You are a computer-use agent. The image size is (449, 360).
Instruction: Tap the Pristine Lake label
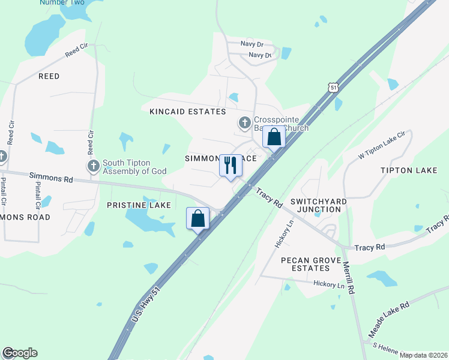[139, 205]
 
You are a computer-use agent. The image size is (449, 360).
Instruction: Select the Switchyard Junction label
[315, 205]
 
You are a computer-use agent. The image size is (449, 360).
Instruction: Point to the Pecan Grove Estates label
[314, 265]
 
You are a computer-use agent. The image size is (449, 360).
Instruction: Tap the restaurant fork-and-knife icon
[231, 165]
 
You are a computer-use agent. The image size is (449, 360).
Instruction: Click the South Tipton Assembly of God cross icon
[93, 166]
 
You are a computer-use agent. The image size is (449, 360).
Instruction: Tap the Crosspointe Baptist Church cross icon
[244, 123]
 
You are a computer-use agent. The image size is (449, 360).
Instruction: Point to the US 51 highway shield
[334, 88]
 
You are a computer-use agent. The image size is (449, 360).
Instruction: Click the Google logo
[20, 353]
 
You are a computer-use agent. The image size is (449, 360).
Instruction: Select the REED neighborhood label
[49, 76]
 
